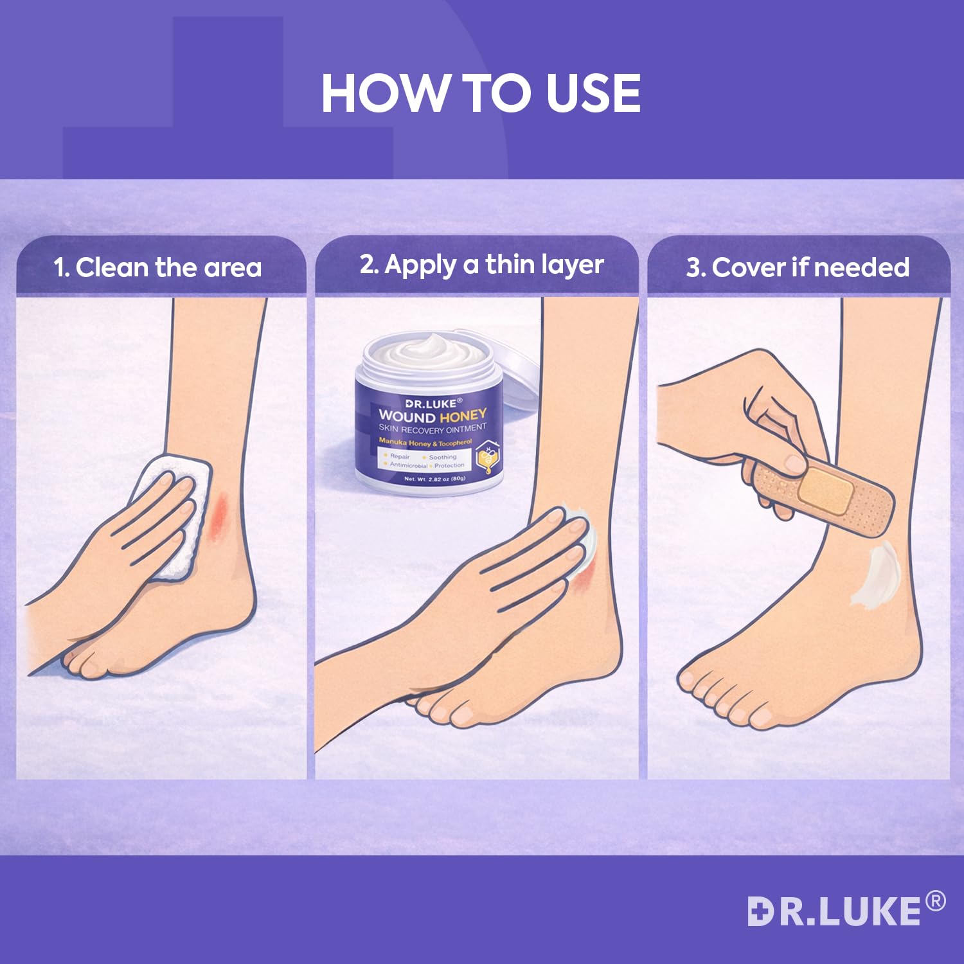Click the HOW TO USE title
click(481, 93)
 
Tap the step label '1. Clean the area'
click(158, 267)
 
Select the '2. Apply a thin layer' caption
click(481, 264)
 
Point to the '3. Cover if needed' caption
click(798, 267)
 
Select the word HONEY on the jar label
click(463, 416)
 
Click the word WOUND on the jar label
click(407, 416)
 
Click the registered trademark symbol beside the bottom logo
click(935, 901)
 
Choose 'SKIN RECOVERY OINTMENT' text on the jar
click(433, 429)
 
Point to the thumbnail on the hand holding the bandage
click(794, 464)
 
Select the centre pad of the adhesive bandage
click(826, 490)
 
